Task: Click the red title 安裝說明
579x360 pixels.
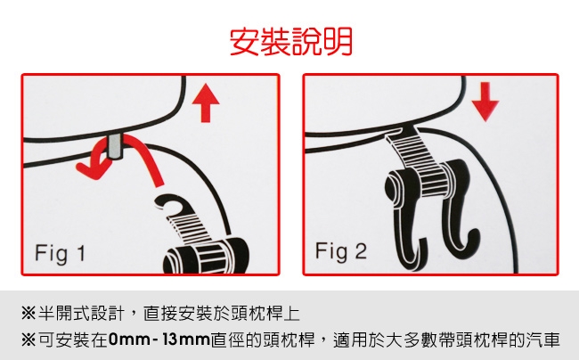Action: pos(291,41)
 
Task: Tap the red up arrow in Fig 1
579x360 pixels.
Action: pos(206,103)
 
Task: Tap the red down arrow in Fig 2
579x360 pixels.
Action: pos(485,102)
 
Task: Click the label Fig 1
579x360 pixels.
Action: pos(61,254)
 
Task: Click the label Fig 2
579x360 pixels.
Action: pos(341,252)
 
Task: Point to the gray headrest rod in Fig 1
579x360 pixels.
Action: pos(116,147)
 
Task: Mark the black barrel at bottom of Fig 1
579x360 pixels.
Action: pos(207,257)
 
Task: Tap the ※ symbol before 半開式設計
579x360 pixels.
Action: pos(29,314)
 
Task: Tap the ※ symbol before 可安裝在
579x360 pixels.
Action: pos(29,340)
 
